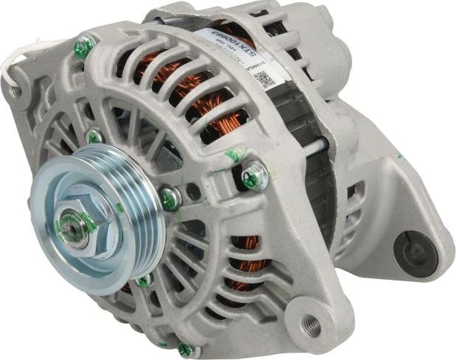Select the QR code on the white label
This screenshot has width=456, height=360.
click(264, 79)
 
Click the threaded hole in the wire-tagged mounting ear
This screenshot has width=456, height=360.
click(15, 91)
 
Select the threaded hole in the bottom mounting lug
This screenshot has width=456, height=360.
click(312, 322)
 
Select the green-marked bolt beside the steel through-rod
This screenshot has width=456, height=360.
click(254, 175)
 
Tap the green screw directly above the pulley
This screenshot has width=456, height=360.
click(94, 136)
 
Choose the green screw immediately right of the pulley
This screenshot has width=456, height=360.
click(169, 197)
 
